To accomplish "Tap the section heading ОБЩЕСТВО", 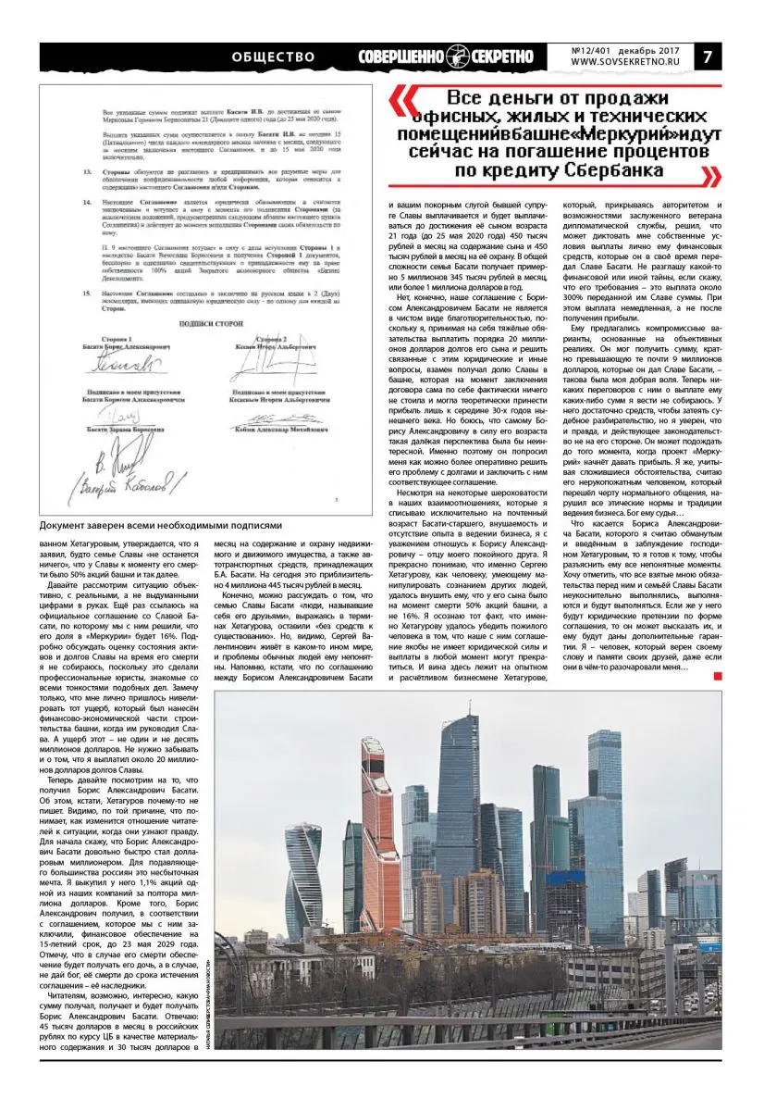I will click(274, 56).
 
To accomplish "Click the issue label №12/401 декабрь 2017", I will click(624, 47).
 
